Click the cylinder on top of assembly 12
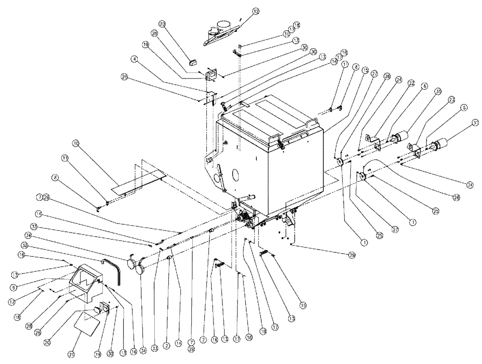pos(222,25)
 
